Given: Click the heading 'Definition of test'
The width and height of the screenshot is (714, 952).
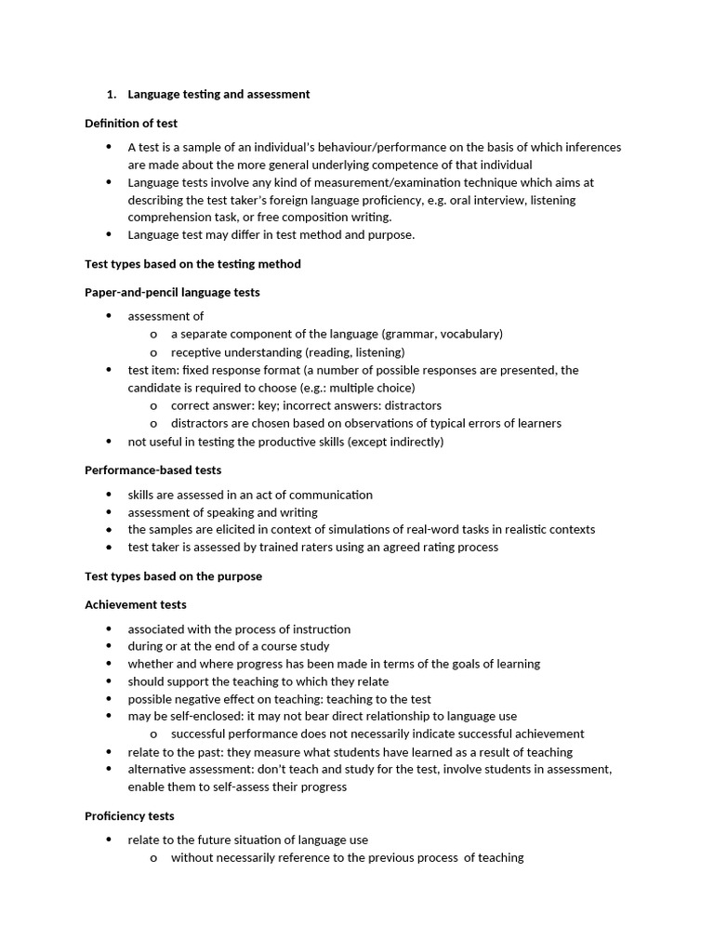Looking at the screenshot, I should click(131, 124).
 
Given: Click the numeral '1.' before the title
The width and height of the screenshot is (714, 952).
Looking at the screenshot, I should click(112, 95).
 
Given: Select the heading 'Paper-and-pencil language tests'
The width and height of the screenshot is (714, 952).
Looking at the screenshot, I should click(172, 293).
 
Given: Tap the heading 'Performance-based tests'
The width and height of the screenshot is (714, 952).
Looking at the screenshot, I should click(152, 470).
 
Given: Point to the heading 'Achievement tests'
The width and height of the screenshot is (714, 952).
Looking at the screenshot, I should click(136, 605).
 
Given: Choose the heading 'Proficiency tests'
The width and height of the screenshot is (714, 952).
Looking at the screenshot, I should click(129, 816).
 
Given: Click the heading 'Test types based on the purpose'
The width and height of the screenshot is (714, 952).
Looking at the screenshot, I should click(173, 576).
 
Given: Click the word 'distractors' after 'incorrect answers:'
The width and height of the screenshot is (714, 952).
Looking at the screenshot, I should click(412, 405).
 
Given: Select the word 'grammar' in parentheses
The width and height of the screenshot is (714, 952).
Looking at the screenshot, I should click(411, 334).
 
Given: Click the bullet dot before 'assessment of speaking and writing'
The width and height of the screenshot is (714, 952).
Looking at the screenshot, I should click(109, 512).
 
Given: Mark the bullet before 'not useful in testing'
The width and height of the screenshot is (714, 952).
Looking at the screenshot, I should click(109, 442).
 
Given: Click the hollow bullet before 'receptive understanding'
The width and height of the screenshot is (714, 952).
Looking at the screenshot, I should click(153, 352).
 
